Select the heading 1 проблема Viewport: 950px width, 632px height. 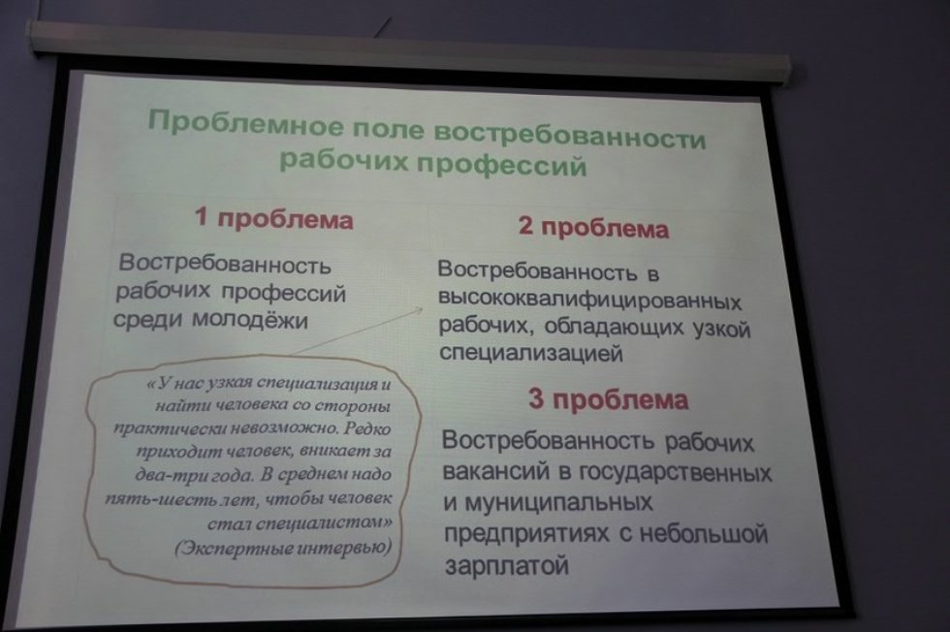(x=273, y=218)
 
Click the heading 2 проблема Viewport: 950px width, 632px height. (x=592, y=229)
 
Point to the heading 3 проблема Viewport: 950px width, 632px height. (x=609, y=399)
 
